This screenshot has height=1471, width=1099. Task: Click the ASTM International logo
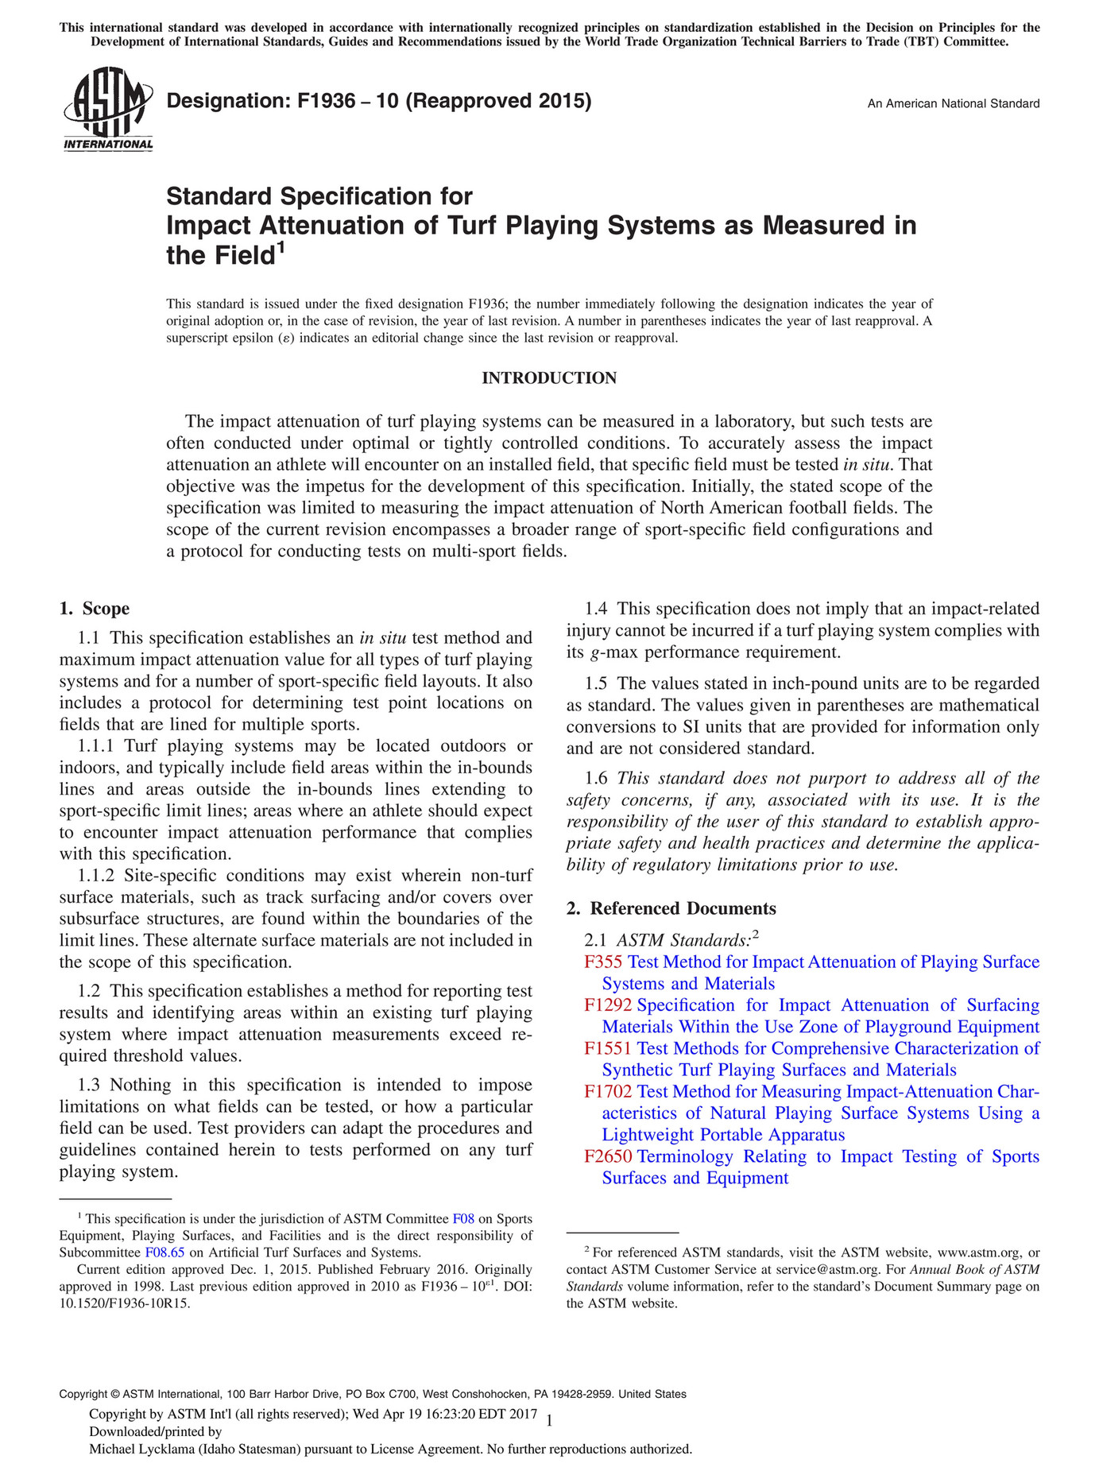pos(107,108)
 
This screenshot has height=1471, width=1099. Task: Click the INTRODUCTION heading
pos(549,378)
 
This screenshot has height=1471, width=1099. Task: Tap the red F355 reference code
pos(603,962)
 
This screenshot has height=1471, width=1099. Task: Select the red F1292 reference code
pos(608,1005)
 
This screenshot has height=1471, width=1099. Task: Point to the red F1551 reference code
pos(608,1049)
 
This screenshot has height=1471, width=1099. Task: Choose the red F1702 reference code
pos(608,1092)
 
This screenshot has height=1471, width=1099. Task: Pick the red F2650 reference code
pos(608,1157)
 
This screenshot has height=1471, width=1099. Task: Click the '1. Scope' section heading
pos(95,609)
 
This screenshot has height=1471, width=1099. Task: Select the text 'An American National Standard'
pos(953,103)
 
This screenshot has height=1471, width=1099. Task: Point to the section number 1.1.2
pos(96,876)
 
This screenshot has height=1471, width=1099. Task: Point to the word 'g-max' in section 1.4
pos(612,653)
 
